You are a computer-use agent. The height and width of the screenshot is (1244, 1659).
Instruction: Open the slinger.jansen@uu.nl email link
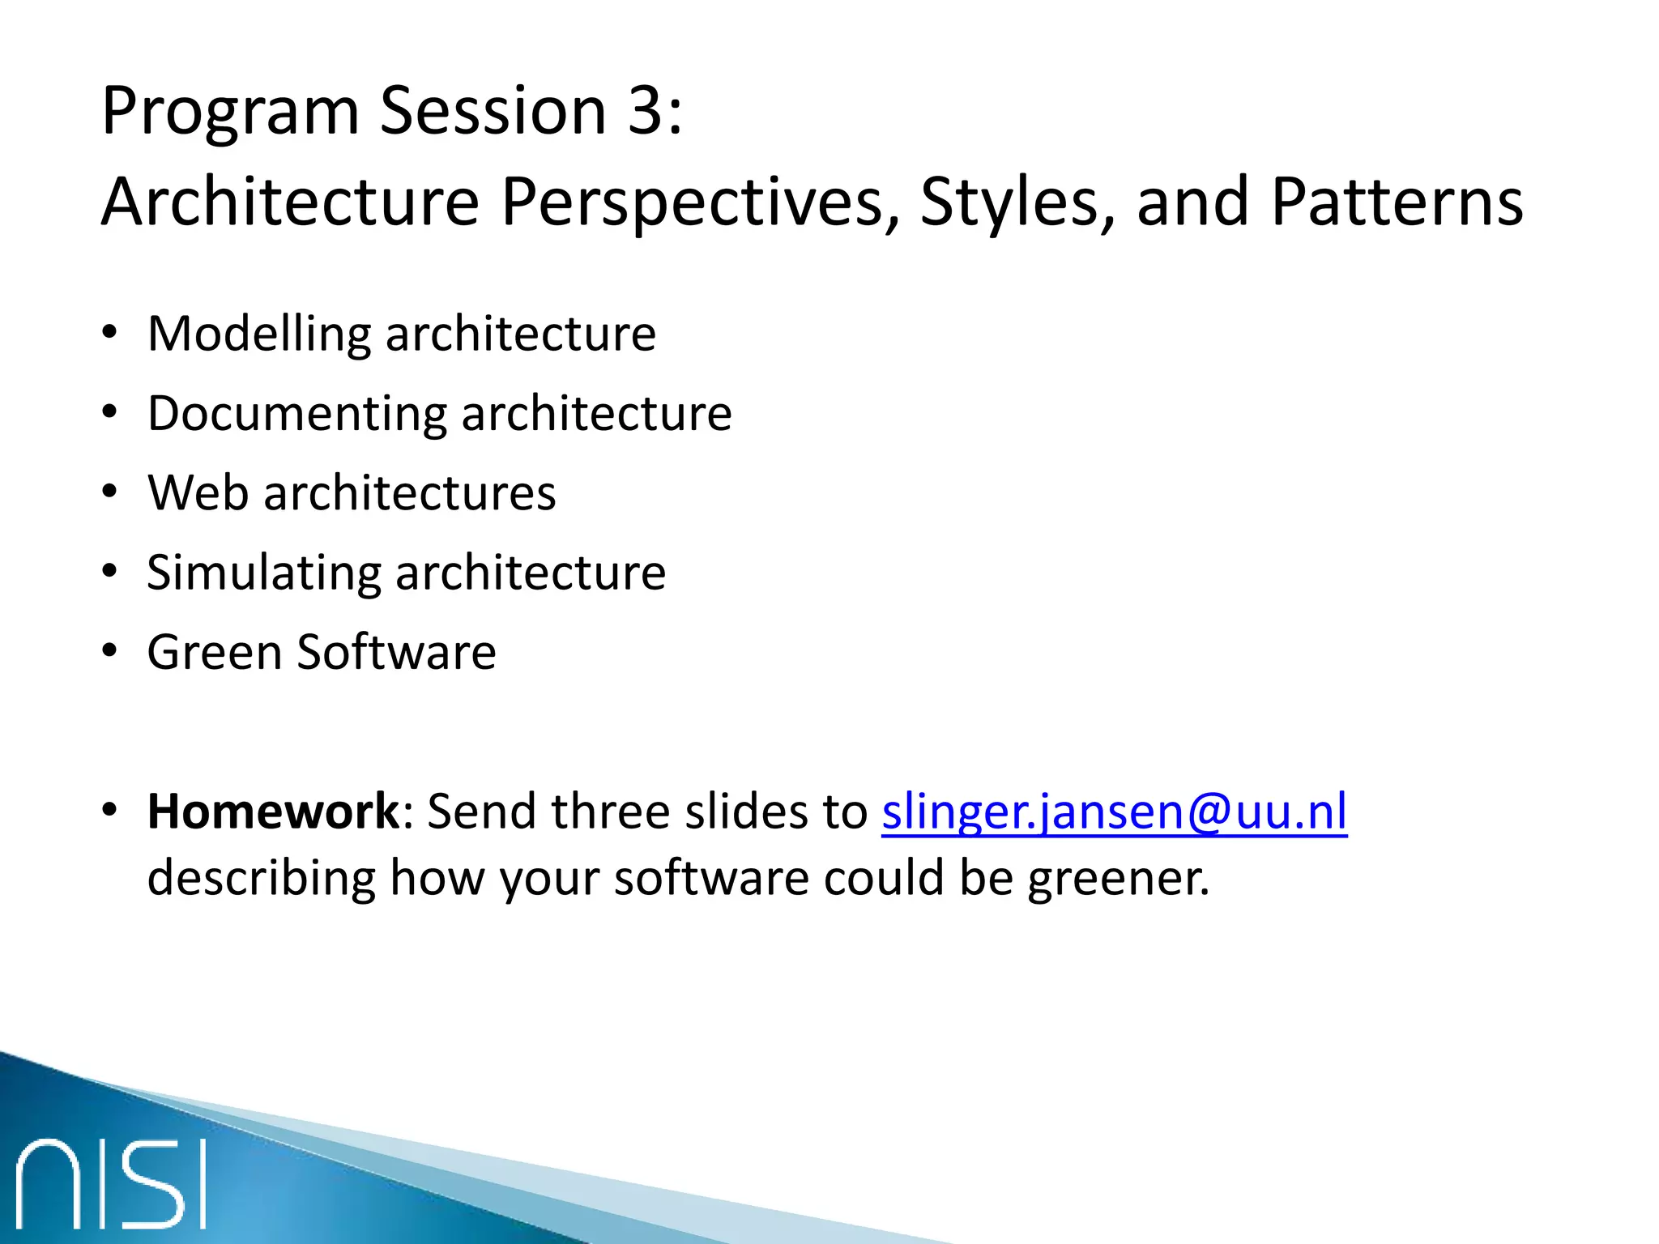click(x=1114, y=812)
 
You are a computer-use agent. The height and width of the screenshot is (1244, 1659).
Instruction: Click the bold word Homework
click(x=273, y=812)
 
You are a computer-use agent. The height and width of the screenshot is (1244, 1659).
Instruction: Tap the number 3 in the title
click(x=646, y=111)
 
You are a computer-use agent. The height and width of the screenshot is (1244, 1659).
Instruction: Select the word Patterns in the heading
click(x=1397, y=202)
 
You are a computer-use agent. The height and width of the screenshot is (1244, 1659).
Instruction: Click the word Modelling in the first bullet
click(x=259, y=334)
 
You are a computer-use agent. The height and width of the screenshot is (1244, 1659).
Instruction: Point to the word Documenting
click(x=296, y=414)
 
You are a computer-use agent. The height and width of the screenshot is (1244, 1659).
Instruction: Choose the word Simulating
click(x=263, y=573)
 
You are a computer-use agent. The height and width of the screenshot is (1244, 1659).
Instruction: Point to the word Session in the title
click(x=493, y=111)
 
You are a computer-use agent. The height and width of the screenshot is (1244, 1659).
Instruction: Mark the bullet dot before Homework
click(x=109, y=809)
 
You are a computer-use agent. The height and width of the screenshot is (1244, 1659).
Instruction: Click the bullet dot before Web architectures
click(x=109, y=492)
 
